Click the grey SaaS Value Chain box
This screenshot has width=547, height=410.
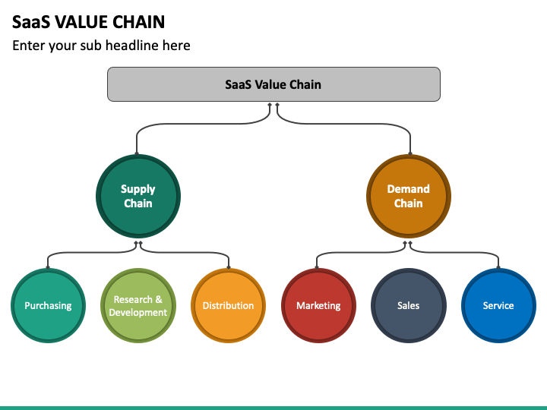point(273,84)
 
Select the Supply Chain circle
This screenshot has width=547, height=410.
point(138,197)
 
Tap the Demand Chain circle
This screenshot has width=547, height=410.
point(409,197)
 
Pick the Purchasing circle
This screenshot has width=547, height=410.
point(48,305)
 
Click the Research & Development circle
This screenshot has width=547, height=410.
point(138,305)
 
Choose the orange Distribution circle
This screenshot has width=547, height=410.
point(228,305)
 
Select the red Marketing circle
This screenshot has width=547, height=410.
point(318,305)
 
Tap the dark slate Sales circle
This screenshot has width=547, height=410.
point(409,305)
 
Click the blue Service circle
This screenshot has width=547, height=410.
point(498,305)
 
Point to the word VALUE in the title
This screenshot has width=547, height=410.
point(81,22)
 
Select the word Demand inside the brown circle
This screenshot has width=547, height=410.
point(409,189)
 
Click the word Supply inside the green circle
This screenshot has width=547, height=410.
point(138,190)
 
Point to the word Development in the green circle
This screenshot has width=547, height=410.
point(138,312)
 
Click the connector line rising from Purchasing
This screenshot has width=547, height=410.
point(88,252)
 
